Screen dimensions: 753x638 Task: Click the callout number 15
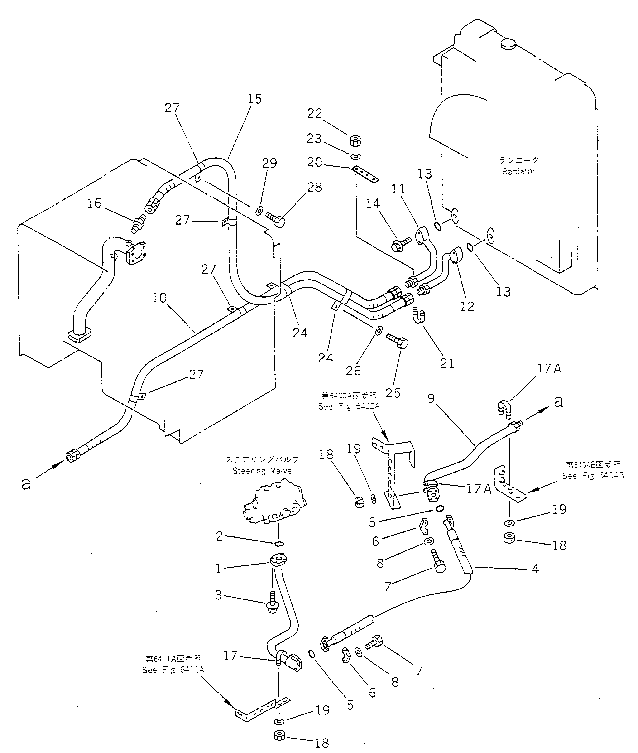(x=255, y=99)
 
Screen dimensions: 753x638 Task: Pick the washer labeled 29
(x=259, y=211)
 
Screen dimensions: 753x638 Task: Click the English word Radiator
(x=518, y=172)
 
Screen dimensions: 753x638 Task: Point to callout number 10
(x=159, y=298)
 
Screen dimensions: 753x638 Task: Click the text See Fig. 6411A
(x=173, y=670)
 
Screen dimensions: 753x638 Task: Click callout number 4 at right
(x=535, y=569)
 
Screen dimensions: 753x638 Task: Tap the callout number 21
(x=447, y=363)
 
